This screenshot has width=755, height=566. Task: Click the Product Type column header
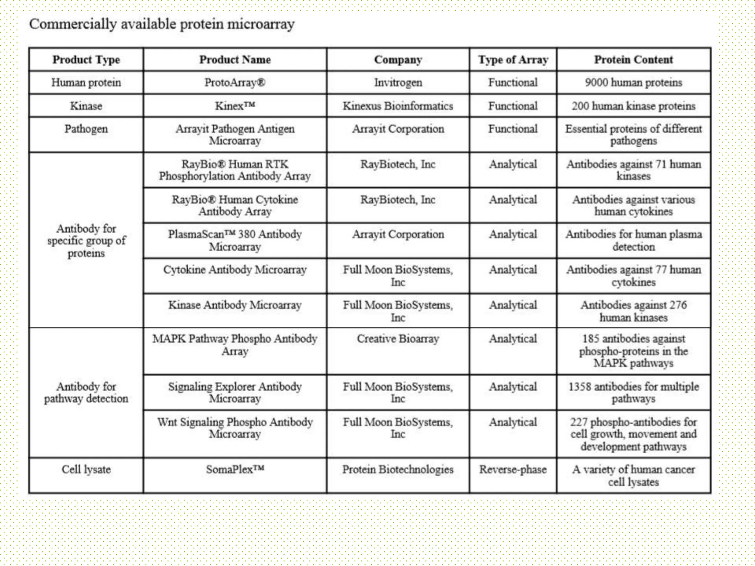tap(86, 60)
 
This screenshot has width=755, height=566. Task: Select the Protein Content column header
tap(633, 60)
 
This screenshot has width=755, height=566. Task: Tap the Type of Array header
tap(513, 60)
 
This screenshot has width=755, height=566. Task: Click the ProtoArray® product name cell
tap(235, 83)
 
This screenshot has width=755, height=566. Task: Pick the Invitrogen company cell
tap(398, 83)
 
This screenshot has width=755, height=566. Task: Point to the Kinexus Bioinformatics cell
tap(398, 106)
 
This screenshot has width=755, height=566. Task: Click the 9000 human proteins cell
tap(633, 83)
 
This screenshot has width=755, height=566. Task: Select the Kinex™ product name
tap(235, 106)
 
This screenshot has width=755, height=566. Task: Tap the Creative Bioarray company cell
tap(398, 339)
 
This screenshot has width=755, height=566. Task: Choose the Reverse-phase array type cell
tap(513, 469)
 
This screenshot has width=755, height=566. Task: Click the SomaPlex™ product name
tap(235, 469)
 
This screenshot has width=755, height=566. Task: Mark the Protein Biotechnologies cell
tap(398, 469)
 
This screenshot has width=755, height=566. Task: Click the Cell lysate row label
tap(86, 469)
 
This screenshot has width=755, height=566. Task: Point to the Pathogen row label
tap(86, 129)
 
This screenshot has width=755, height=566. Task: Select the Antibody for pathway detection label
tap(86, 392)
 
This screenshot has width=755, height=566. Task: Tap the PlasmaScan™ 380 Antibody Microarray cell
tap(235, 240)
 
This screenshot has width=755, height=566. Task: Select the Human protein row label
tap(86, 83)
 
